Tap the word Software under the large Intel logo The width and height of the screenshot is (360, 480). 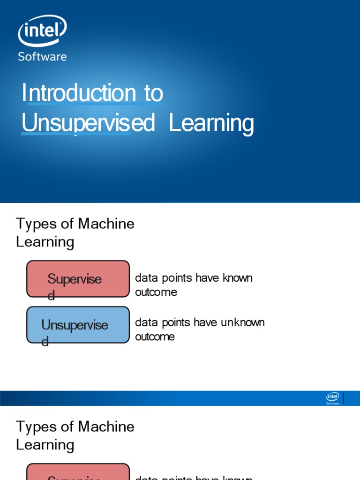42,57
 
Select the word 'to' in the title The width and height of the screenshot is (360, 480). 154,93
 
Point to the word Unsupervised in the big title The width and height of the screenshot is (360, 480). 88,123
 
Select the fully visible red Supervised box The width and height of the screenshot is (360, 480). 78,279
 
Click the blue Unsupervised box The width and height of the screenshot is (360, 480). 78,325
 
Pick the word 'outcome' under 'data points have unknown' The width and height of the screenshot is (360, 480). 155,337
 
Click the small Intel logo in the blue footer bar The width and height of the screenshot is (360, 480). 333,398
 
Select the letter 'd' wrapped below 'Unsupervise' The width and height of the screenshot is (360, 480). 45,342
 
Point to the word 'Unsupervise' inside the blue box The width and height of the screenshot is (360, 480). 75,325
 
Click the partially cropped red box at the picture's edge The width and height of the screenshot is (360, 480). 78,472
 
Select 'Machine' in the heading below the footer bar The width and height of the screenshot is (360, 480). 106,427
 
